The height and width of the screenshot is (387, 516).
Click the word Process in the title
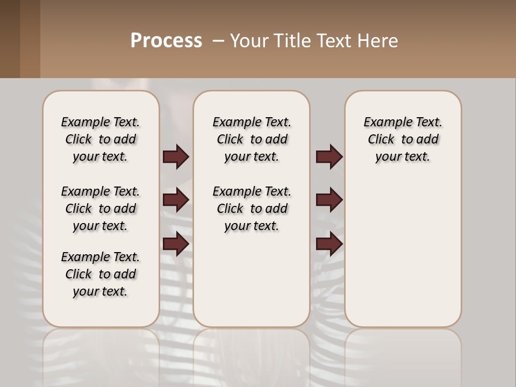pos(166,41)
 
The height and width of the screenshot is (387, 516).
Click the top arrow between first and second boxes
pos(176,157)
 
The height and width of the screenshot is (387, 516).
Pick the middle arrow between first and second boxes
pos(176,200)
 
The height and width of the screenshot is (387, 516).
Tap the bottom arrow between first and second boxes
pos(176,244)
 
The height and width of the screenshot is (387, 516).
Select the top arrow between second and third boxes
pos(329,157)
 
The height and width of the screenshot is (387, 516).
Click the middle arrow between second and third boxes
pos(329,200)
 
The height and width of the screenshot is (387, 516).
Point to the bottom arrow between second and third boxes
pos(329,244)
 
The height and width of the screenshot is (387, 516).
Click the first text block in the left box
pos(101,139)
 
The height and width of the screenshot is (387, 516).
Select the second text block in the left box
pos(101,209)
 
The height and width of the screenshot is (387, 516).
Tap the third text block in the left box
pos(101,274)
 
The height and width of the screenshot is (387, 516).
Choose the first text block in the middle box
pos(252,139)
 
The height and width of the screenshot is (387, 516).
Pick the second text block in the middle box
pos(252,209)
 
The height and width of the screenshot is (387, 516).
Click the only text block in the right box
pos(403,139)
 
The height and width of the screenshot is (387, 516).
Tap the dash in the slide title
pos(218,41)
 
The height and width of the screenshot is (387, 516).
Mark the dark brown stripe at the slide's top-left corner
pos(10,39)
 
